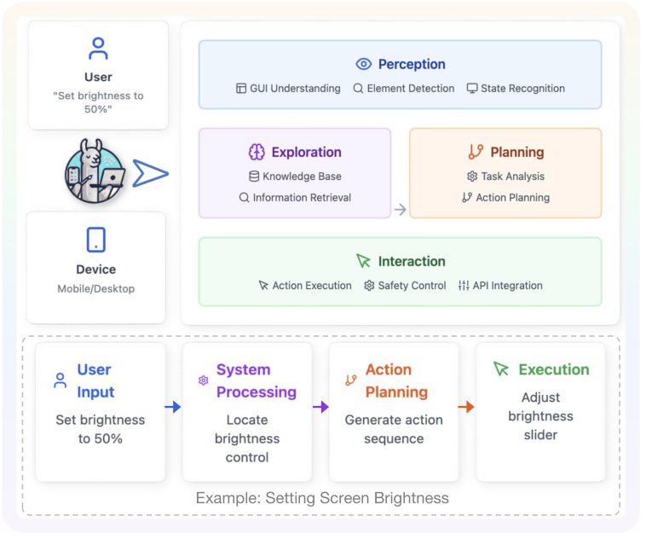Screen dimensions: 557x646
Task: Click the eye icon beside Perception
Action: click(364, 64)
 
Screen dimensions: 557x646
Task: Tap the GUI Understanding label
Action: click(295, 89)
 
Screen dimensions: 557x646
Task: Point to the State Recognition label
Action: click(522, 89)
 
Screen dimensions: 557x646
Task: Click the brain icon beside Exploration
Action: click(257, 152)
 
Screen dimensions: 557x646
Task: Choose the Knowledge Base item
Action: click(302, 177)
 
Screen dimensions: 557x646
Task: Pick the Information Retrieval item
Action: click(302, 197)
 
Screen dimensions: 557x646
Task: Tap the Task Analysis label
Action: click(512, 177)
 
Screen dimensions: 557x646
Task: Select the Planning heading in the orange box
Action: click(516, 152)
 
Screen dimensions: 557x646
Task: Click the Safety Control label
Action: click(412, 286)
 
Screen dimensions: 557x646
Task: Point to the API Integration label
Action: click(507, 286)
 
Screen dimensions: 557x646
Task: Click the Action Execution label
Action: click(311, 286)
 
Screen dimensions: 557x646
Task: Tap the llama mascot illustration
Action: click(95, 171)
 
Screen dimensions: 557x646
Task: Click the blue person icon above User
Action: click(98, 47)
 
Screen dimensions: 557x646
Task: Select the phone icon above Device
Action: click(96, 240)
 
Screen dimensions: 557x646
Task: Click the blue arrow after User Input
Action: click(173, 407)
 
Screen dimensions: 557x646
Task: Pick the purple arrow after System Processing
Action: click(320, 407)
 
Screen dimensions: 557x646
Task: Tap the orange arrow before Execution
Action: click(466, 407)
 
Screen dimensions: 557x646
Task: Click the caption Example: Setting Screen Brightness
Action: click(322, 498)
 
